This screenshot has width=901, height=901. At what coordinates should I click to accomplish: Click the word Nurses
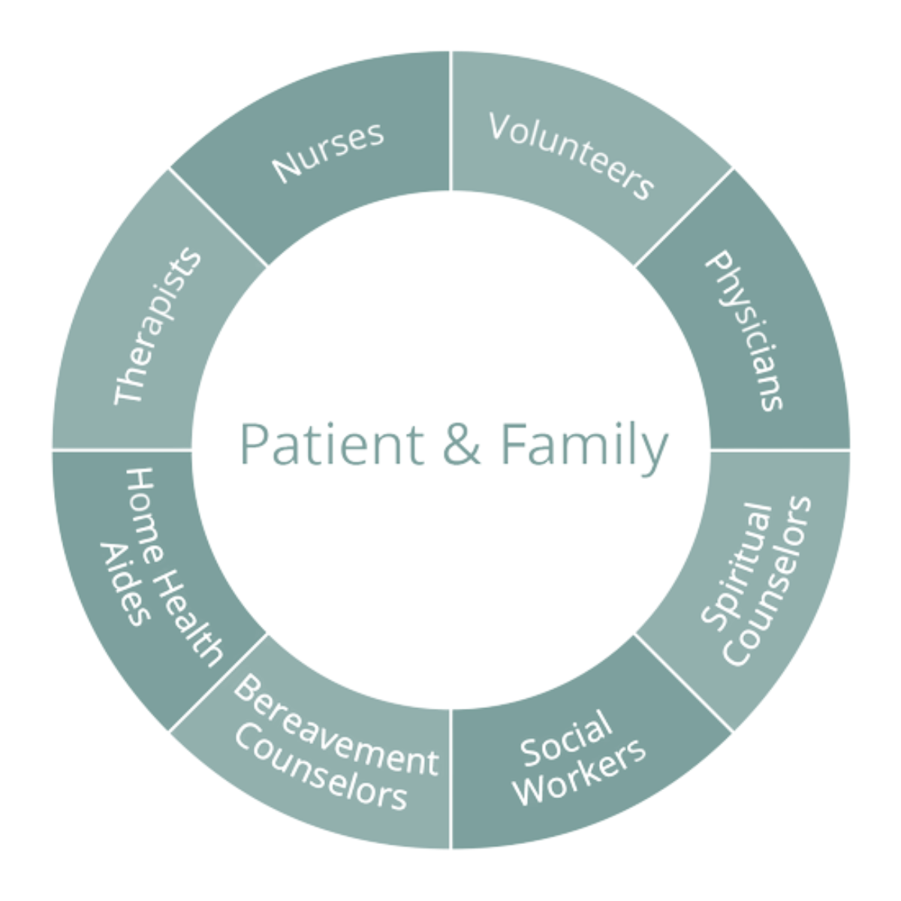(328, 152)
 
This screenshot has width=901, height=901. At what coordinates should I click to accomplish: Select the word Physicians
(745, 330)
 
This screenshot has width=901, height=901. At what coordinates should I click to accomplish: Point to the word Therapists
(158, 326)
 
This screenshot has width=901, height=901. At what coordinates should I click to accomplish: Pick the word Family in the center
(583, 445)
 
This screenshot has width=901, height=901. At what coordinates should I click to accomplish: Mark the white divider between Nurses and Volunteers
(450, 120)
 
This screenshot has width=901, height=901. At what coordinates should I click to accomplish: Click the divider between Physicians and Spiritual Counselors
(781, 450)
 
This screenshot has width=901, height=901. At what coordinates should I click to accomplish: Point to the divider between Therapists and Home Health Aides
(120, 450)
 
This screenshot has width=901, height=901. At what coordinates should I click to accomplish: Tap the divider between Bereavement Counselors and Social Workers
(450, 781)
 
